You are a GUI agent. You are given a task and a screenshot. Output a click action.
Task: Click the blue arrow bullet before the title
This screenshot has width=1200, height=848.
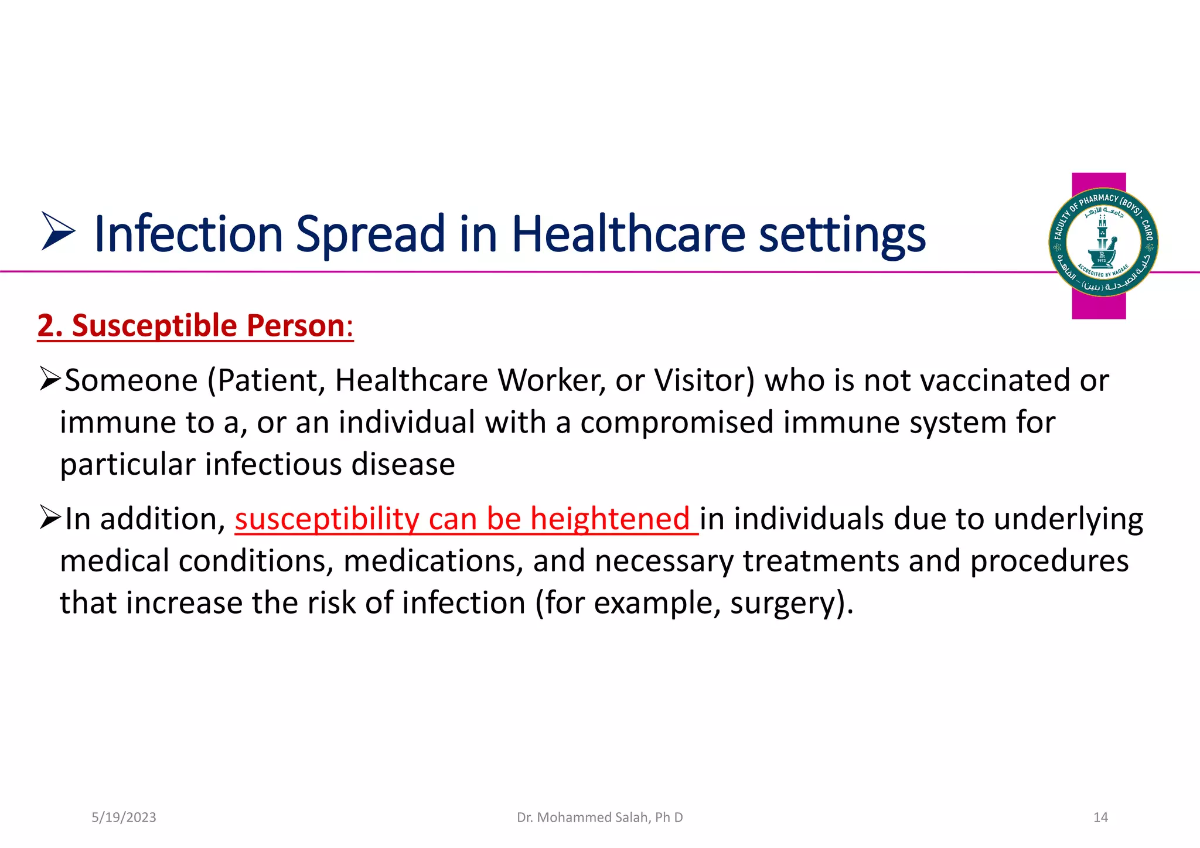point(58,231)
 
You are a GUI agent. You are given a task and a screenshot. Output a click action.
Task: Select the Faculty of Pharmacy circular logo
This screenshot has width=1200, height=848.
point(1103,242)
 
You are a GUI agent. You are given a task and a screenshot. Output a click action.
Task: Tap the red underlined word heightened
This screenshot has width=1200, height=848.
point(609,519)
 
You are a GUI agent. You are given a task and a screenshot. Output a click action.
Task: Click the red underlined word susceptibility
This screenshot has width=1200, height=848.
point(327,520)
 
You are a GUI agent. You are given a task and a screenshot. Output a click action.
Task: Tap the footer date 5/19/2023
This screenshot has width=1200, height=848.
point(124,818)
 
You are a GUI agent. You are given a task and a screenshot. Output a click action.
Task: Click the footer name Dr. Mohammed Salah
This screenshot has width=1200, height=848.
point(599,818)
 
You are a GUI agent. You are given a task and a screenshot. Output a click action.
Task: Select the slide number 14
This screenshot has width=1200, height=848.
point(1100,818)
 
